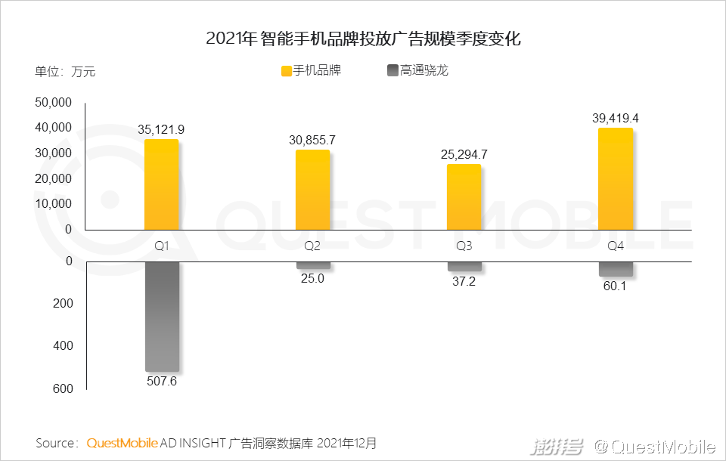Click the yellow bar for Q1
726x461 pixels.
point(161,184)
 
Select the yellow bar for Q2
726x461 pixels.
point(312,190)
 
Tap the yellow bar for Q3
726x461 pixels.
point(464,196)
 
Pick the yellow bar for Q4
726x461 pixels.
point(615,179)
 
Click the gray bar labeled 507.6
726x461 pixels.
point(161,316)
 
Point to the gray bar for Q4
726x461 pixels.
point(615,268)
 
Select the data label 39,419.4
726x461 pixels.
point(615,118)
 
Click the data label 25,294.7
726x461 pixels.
point(464,154)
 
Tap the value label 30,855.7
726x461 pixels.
point(312,140)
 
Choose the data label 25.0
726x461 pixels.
point(312,278)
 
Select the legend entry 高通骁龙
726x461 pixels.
point(423,70)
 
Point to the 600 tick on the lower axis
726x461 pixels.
point(64,388)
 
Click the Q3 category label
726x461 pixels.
point(464,246)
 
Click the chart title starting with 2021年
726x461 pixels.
point(363,39)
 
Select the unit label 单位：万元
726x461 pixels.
point(65,72)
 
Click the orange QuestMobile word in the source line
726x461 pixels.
point(122,442)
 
